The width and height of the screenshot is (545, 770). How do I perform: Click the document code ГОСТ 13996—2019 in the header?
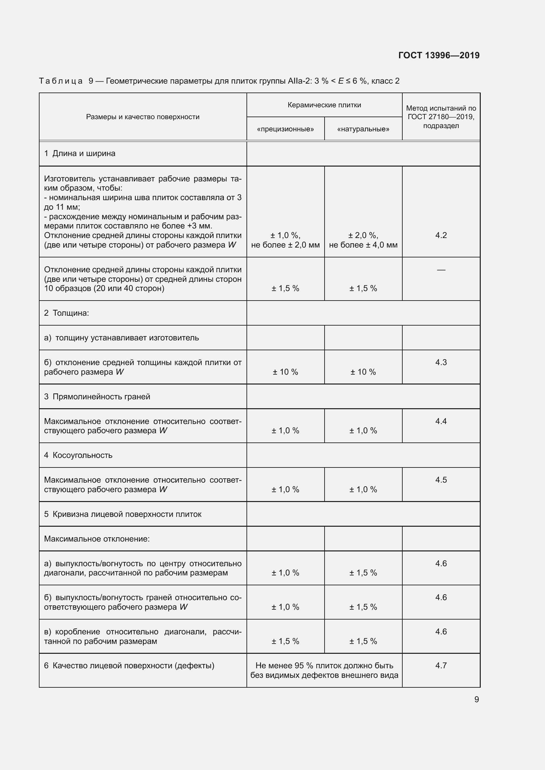point(439,55)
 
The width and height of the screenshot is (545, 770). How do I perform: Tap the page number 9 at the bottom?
point(476,699)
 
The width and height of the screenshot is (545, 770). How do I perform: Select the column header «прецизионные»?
point(285,129)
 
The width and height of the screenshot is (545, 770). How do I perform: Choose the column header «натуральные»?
point(363,129)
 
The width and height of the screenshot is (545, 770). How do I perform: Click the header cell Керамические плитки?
point(324,105)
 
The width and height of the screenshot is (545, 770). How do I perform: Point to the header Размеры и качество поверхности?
point(143,117)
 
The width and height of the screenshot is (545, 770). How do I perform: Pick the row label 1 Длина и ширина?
point(80,154)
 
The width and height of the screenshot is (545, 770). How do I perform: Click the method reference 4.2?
point(441,235)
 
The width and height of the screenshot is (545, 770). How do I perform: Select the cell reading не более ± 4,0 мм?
point(363,245)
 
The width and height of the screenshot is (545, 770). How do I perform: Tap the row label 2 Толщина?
point(67,313)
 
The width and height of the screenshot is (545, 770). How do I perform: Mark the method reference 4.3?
point(441,362)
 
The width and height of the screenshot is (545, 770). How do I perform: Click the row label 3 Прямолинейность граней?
point(97,396)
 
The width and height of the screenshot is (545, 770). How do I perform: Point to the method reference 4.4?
point(441,421)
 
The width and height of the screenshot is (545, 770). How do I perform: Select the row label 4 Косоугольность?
point(78,455)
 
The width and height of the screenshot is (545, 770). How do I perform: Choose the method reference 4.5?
point(441,480)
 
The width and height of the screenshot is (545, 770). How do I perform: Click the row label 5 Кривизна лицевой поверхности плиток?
point(123,514)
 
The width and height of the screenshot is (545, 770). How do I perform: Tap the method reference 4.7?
point(441,665)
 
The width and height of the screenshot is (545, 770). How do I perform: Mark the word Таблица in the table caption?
point(61,81)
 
